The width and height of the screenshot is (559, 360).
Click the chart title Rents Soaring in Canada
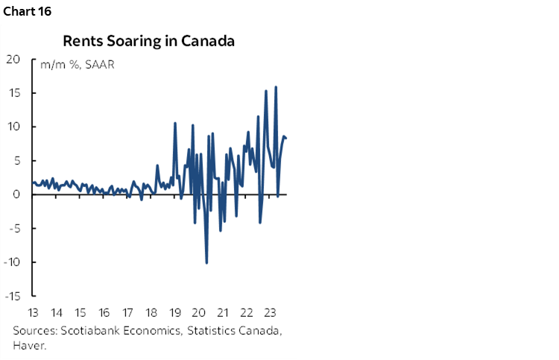pos(149,41)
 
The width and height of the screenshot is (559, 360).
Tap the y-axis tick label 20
pos(13,60)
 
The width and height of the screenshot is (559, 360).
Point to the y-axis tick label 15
pos(13,93)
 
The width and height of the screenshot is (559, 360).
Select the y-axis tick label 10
pos(13,127)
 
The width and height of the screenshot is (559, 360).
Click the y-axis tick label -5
pos(13,228)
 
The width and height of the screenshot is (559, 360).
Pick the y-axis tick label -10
pos(12,262)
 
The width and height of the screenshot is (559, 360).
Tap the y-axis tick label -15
pos(12,295)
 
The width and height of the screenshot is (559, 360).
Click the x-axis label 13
pos(33,312)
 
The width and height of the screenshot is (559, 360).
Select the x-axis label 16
pos(104,312)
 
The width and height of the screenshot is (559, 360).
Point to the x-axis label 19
pos(175,312)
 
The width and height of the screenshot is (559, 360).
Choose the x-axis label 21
pos(223,312)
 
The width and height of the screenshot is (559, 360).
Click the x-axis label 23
pos(271,312)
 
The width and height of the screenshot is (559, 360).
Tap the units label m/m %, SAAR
pos(73,64)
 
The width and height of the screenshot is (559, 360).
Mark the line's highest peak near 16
pos(277,87)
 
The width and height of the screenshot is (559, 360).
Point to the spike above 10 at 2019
pos(175,123)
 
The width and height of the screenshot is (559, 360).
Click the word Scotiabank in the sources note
pos(87,330)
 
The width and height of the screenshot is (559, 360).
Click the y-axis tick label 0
pos(16,195)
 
